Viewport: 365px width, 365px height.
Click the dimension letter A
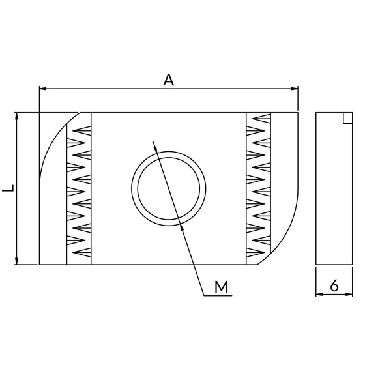point(169,80)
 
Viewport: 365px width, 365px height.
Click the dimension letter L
point(8,188)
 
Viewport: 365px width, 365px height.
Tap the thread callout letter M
point(222,287)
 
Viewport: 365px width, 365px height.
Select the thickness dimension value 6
point(334,285)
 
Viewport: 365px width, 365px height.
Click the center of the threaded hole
point(169,188)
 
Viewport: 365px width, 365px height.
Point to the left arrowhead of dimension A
point(43,89)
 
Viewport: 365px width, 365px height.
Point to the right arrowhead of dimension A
point(295,89)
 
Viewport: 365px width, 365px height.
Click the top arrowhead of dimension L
point(16,117)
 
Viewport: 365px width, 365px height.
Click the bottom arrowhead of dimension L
point(16,261)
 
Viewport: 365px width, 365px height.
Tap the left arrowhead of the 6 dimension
point(319,294)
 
